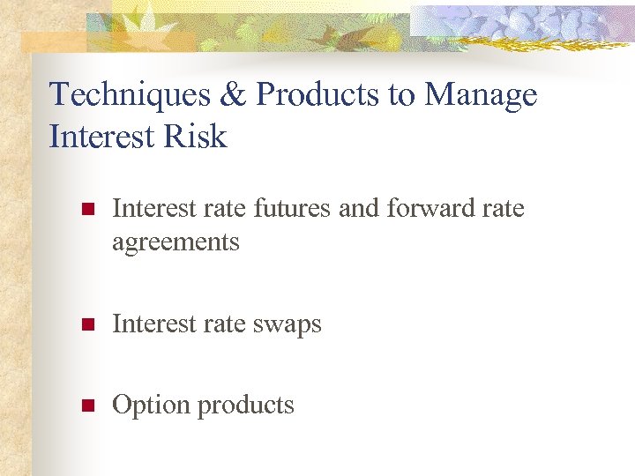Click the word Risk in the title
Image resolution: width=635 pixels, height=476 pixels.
point(200,137)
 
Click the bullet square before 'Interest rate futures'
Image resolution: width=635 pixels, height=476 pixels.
point(86,210)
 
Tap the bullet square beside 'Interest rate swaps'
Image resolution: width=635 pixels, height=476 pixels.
point(86,325)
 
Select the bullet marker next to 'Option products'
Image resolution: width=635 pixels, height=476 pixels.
point(86,406)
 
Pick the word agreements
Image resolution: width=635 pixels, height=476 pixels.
point(176,242)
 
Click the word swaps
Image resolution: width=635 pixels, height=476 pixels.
point(287,325)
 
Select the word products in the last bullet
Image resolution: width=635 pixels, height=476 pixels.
point(246,406)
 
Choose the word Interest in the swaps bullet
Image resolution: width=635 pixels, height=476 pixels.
point(153,324)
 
